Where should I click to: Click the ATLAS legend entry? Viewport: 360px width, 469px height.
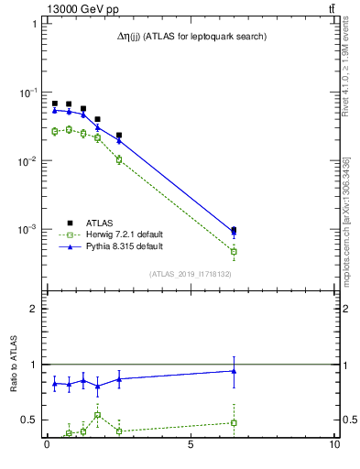[100, 223]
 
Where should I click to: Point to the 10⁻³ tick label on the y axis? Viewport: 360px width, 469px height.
[28, 230]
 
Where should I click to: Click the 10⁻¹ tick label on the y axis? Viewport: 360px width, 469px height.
[28, 93]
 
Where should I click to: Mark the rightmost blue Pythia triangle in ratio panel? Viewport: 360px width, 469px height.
[234, 371]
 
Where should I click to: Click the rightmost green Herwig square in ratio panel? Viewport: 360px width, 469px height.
[234, 422]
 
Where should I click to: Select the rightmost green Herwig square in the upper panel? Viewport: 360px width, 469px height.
[234, 251]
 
